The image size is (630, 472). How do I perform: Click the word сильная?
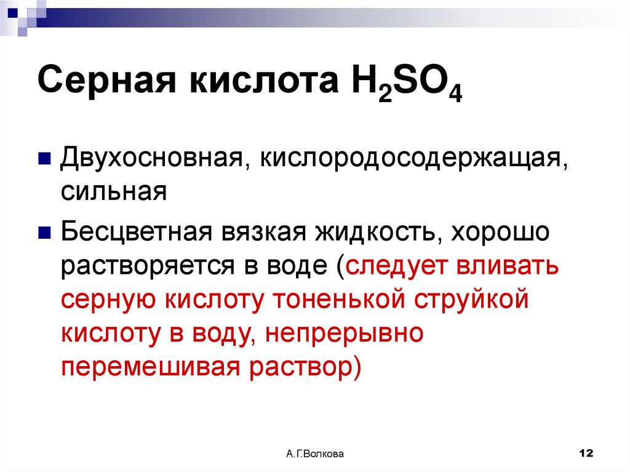[x=113, y=191]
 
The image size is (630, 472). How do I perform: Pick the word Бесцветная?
[x=137, y=233]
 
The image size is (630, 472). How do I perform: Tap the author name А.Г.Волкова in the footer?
[x=315, y=454]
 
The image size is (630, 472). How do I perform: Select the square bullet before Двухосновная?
[x=44, y=160]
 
